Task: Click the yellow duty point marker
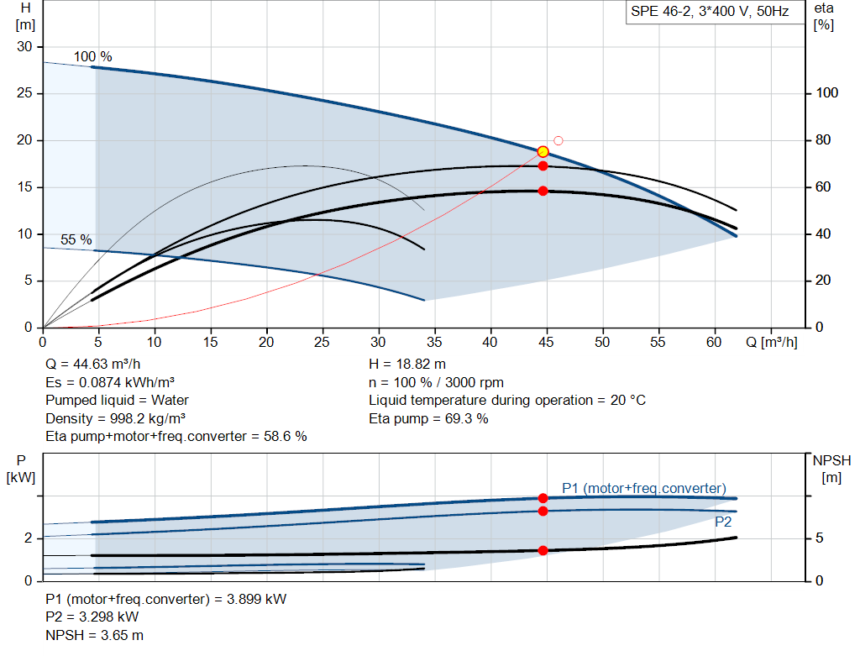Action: point(543,152)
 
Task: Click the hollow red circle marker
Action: point(558,140)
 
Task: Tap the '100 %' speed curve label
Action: point(92,57)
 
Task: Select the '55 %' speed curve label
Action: point(76,240)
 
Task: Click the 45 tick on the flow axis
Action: point(547,343)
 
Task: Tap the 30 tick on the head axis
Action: point(25,47)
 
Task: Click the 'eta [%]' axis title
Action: point(823,16)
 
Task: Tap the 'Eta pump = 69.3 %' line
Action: point(428,418)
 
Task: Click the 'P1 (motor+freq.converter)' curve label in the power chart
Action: point(643,489)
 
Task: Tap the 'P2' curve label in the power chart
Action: point(723,522)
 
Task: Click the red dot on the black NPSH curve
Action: point(543,551)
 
